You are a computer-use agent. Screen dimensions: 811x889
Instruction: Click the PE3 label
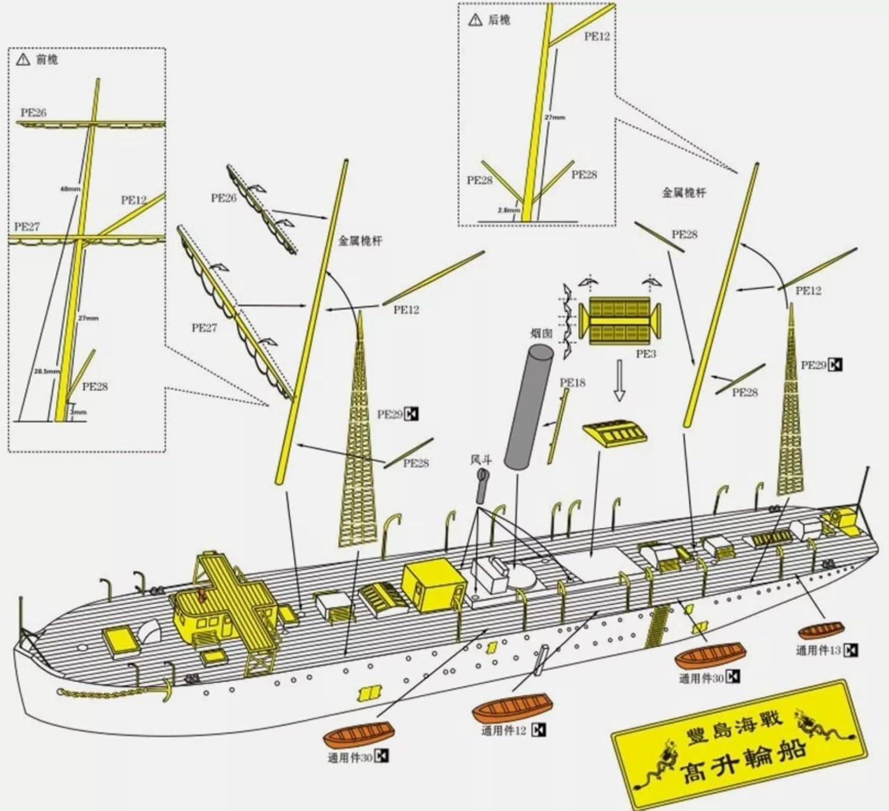point(645,354)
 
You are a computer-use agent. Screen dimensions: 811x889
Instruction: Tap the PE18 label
point(572,383)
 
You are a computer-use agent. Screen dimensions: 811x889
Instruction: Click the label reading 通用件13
point(818,650)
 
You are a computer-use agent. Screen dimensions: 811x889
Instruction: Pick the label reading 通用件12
point(503,730)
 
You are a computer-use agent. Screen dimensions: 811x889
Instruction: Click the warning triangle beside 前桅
point(23,59)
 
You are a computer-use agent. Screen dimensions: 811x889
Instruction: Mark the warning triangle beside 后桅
point(475,21)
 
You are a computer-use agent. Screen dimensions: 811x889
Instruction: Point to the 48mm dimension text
point(70,189)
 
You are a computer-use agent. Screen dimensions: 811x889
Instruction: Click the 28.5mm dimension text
point(47,371)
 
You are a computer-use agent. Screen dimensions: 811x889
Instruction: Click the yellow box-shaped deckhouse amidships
point(431,588)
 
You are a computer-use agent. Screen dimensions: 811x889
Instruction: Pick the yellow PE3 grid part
point(619,320)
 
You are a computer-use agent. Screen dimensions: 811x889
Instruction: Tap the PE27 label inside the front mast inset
point(27,227)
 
